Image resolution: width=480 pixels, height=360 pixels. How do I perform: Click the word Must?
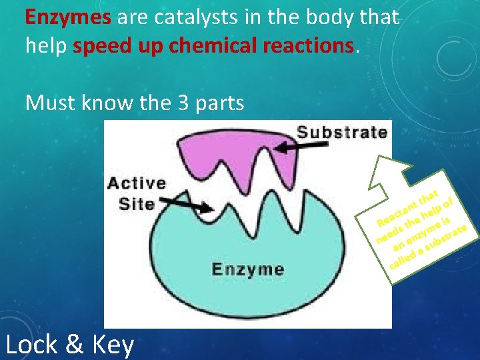tap(48, 103)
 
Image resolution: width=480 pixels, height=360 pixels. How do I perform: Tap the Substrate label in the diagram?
tap(341, 131)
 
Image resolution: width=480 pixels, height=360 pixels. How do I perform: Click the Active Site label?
tap(137, 193)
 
